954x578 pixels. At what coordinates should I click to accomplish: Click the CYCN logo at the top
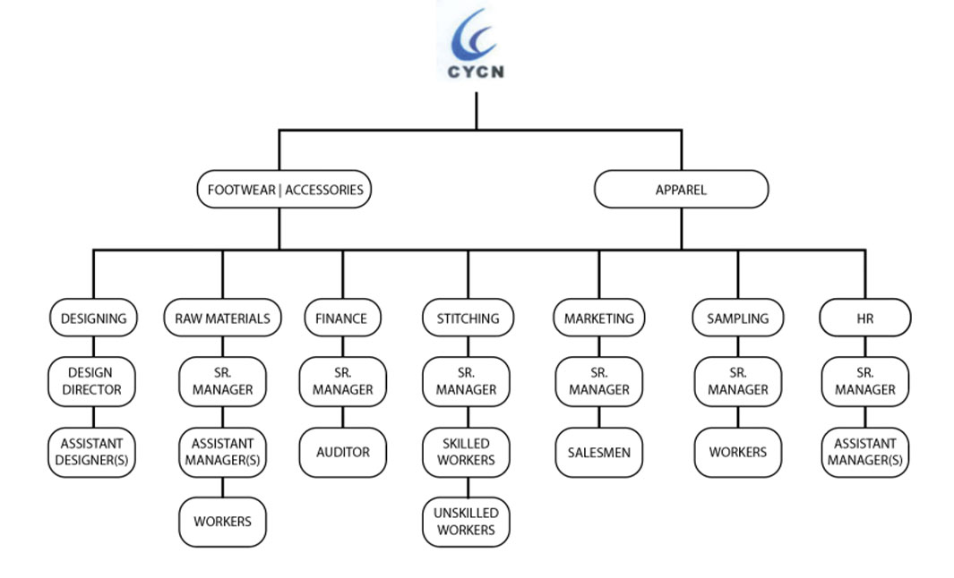[476, 44]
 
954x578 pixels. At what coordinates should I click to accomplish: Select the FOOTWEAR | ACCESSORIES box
[285, 190]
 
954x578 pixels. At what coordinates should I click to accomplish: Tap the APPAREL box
[681, 190]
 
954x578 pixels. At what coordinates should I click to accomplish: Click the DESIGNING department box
[93, 318]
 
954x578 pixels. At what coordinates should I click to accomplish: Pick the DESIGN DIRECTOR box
[93, 381]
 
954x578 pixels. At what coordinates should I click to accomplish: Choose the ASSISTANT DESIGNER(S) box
[93, 452]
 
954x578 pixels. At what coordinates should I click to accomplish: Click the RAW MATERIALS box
[222, 318]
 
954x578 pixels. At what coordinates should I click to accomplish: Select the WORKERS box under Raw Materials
[222, 522]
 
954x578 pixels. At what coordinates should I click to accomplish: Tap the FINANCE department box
[342, 318]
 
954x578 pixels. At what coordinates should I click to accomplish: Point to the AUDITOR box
[342, 452]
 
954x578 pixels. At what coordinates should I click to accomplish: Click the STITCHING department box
[467, 318]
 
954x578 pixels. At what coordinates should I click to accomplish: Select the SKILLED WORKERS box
[467, 452]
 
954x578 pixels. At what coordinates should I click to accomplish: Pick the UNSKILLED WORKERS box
[467, 522]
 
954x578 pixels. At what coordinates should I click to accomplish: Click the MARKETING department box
[598, 318]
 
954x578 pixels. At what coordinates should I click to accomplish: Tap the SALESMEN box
[598, 452]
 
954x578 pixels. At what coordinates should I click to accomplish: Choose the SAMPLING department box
[737, 318]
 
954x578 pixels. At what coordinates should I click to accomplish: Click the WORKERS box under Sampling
[737, 452]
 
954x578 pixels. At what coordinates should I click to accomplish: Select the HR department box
[864, 318]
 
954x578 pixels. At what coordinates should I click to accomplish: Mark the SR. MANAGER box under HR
[864, 381]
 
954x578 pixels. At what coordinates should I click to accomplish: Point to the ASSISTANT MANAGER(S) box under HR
[864, 452]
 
